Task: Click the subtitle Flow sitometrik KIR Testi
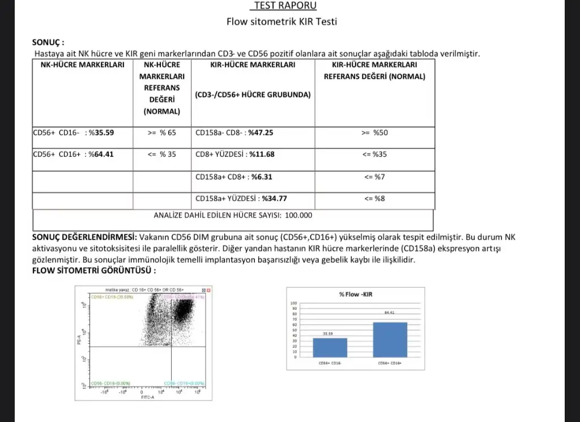tap(282, 22)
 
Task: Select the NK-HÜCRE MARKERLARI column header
tap(83, 65)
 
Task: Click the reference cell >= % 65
tap(161, 133)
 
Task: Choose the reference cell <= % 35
tap(161, 154)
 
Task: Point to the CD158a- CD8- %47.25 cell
tap(234, 133)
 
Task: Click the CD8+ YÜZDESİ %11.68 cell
tap(235, 154)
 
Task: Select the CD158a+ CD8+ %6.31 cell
tap(234, 177)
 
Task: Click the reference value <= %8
tap(374, 198)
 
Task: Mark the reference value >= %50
tap(374, 133)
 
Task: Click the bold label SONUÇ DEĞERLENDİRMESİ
tap(84, 236)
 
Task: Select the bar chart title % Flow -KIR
tap(355, 295)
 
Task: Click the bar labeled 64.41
tap(390, 339)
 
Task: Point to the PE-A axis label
tap(79, 340)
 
